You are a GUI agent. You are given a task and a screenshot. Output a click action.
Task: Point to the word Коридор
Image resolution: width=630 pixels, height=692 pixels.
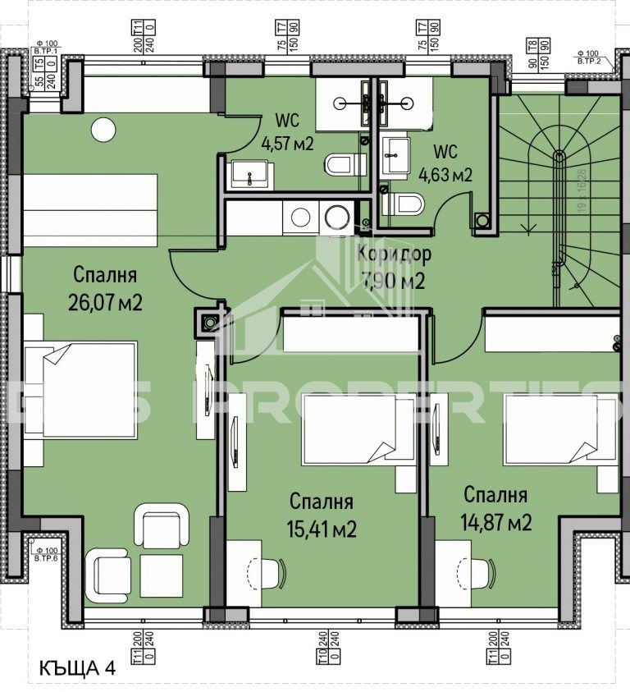[x=394, y=254]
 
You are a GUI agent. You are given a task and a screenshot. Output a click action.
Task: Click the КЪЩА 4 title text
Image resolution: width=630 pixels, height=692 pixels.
[x=78, y=668]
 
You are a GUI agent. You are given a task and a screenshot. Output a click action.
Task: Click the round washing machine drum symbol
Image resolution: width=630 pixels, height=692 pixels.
[x=336, y=217]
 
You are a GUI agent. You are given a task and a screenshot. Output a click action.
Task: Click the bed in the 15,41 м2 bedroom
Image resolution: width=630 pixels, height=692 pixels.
[x=358, y=430]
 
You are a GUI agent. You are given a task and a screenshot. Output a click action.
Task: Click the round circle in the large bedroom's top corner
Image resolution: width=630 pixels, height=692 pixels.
[x=103, y=129]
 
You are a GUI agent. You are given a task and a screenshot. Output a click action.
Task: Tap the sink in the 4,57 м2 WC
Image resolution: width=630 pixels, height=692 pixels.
[x=244, y=174]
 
